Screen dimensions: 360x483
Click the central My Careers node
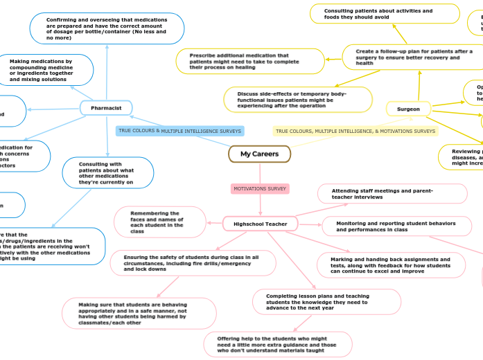(x=259, y=154)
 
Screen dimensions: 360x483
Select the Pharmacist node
(x=106, y=108)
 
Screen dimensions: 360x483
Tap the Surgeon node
(x=408, y=109)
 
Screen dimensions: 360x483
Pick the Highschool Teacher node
(x=260, y=224)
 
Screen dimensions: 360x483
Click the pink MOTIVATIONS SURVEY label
(x=260, y=188)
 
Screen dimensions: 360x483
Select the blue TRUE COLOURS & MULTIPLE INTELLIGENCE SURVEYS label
(x=179, y=130)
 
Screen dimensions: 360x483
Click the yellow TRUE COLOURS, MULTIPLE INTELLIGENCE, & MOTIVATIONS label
(x=355, y=131)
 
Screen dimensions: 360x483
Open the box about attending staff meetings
(x=392, y=194)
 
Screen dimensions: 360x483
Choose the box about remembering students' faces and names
(x=160, y=222)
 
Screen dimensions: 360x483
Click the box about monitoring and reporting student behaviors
(x=396, y=226)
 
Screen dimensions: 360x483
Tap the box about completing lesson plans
(x=325, y=302)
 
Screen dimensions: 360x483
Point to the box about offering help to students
(x=277, y=344)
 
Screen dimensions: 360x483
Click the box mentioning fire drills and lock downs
(x=193, y=263)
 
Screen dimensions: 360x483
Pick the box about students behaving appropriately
(x=139, y=313)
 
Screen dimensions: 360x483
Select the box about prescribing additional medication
(x=249, y=61)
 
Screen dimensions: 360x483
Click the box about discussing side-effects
(x=297, y=100)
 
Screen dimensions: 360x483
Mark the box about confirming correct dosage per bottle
(x=107, y=28)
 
